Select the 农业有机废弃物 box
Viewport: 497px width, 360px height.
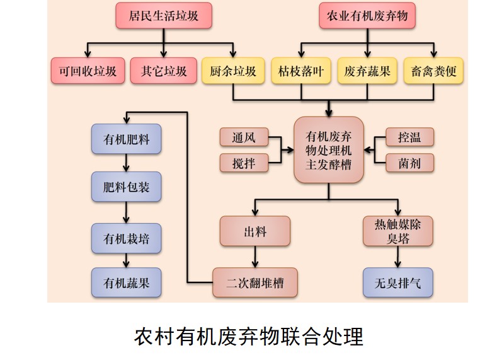[367, 16]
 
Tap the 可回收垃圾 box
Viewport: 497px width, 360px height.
[88, 71]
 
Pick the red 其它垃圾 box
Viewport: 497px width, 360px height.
[163, 71]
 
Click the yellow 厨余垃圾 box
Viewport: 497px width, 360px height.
[232, 71]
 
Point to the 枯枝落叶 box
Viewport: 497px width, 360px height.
[300, 71]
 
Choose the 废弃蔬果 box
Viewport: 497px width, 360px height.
[367, 71]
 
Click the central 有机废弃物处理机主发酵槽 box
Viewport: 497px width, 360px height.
[328, 151]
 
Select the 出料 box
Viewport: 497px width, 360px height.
[254, 231]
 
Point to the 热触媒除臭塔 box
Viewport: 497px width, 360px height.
[397, 231]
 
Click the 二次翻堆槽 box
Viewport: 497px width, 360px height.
[254, 282]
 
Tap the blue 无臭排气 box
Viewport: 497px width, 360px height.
[397, 282]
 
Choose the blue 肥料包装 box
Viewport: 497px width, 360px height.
[126, 187]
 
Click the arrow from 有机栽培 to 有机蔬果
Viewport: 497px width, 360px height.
[127, 260]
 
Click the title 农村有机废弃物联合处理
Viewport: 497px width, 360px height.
[248, 336]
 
